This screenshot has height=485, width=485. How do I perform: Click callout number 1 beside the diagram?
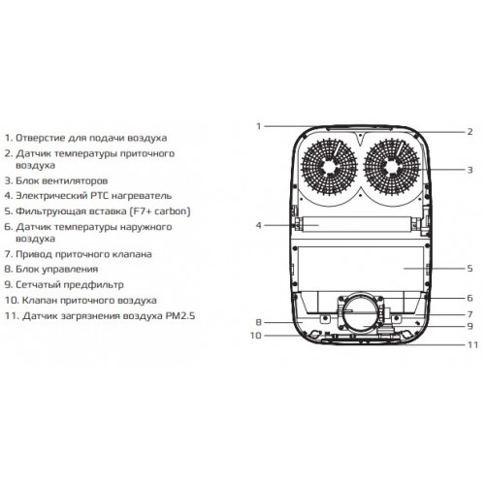(258, 126)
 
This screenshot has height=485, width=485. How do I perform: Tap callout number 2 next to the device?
(469, 132)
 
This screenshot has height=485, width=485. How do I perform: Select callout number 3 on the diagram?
(470, 170)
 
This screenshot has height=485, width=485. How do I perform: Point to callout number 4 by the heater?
(258, 225)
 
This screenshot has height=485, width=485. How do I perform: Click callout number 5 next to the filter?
(470, 268)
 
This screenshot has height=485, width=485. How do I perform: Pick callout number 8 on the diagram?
(258, 322)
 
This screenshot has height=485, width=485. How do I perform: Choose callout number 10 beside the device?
(256, 336)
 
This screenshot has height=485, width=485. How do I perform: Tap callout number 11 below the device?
(472, 344)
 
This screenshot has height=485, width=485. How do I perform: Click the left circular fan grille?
(329, 167)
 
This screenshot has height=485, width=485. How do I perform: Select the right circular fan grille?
(392, 167)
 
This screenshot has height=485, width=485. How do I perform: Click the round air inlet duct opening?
(360, 313)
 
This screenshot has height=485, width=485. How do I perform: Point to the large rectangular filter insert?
(361, 268)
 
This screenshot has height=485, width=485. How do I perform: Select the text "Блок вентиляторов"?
(62, 180)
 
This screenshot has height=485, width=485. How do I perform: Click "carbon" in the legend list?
(171, 211)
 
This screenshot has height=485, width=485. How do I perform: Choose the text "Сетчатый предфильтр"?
(70, 285)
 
